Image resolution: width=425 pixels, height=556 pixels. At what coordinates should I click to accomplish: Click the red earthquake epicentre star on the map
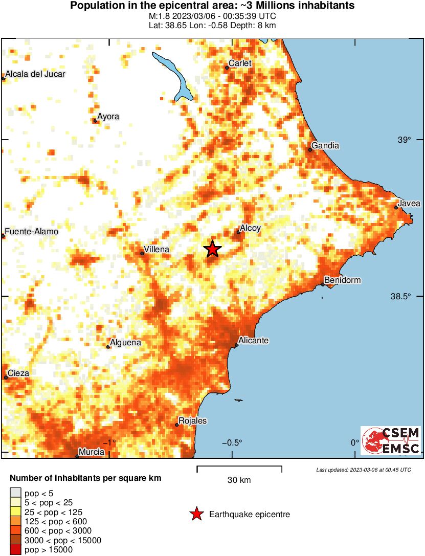[213, 249]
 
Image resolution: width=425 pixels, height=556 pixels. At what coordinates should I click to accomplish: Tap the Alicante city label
[254, 341]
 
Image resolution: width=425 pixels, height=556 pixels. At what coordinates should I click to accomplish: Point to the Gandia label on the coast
[325, 146]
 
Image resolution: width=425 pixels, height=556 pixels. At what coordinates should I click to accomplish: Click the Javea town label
[409, 204]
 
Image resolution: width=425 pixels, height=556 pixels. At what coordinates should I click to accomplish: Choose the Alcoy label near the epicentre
[251, 229]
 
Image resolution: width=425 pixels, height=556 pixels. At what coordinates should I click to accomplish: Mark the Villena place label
[158, 250]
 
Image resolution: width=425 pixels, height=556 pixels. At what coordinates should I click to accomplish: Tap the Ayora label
[108, 117]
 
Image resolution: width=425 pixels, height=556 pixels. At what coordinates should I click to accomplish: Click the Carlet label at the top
[241, 63]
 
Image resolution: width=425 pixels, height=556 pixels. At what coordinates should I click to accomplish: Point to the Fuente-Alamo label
[32, 232]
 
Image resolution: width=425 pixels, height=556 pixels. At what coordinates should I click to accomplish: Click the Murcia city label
[93, 452]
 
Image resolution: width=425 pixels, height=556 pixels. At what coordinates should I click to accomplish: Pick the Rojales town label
[192, 421]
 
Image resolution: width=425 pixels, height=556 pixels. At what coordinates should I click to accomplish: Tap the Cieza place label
[18, 373]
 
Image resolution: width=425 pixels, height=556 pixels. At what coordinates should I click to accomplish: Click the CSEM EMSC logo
[391, 440]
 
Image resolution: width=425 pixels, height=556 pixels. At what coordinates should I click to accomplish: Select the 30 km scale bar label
[239, 480]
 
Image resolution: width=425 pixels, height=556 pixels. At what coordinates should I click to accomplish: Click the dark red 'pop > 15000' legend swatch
[15, 550]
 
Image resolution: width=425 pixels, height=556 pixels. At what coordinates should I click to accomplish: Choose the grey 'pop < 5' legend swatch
[15, 493]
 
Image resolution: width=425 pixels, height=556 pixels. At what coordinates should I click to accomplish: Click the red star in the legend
[196, 514]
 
